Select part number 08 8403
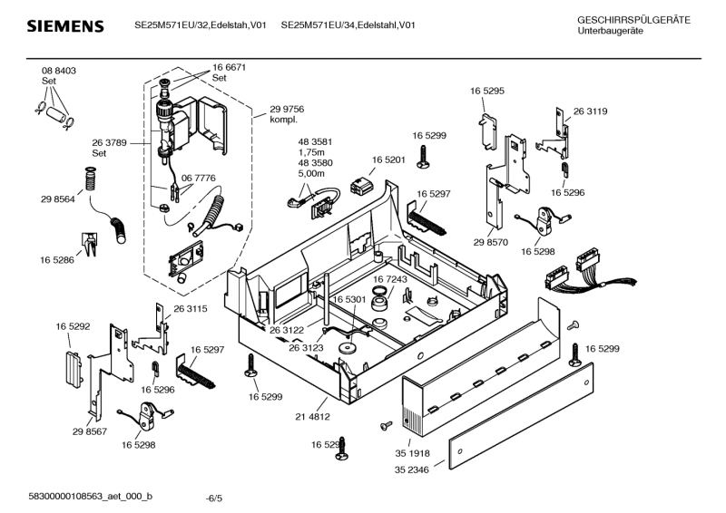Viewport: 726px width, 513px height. (x=59, y=71)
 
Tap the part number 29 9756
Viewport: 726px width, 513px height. (x=287, y=109)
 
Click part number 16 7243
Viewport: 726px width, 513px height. (x=390, y=279)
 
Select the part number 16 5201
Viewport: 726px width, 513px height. (x=388, y=160)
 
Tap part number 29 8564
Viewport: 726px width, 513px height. (x=57, y=198)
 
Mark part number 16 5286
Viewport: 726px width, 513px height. (x=56, y=260)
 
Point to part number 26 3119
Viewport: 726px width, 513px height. (x=590, y=111)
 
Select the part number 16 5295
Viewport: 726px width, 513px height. (x=487, y=92)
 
